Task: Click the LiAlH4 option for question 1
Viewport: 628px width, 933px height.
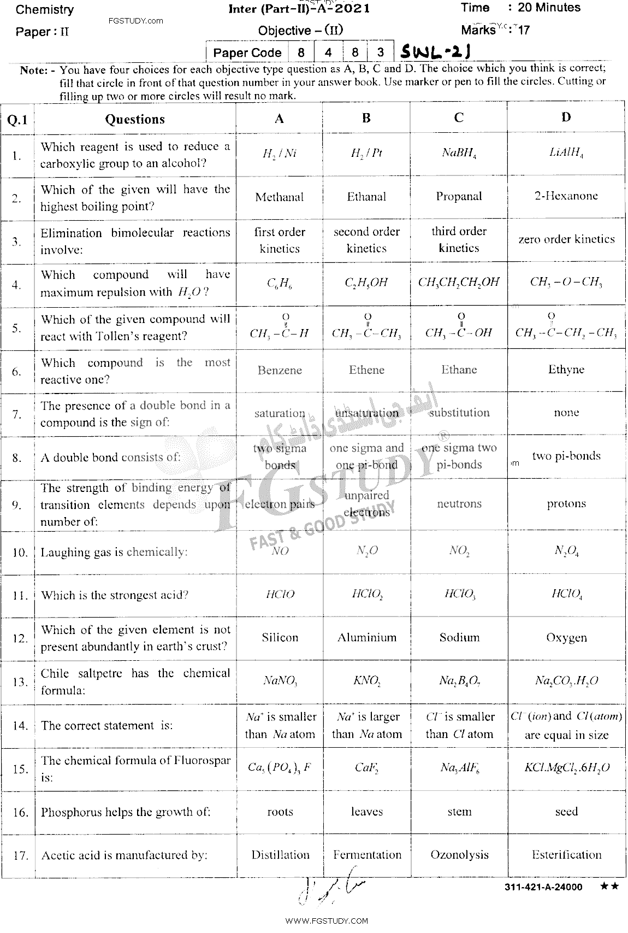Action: pos(566,154)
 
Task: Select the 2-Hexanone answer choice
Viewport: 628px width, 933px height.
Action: pos(566,196)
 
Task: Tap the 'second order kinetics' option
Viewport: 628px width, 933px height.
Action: pos(366,239)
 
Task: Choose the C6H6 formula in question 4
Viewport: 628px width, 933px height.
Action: pos(279,283)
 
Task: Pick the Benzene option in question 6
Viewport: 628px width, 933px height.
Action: pos(280,370)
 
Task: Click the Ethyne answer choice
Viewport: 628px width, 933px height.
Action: pos(566,369)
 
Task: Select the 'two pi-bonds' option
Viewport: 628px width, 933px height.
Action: pos(566,456)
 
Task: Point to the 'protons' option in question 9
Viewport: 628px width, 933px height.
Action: pos(566,504)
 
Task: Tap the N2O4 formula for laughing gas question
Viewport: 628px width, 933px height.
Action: pos(566,551)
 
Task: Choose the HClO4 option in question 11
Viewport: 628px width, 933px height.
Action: pos(566,595)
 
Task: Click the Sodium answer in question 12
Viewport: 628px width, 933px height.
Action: pos(459,637)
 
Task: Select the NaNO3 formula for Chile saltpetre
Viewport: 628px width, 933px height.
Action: pos(280,681)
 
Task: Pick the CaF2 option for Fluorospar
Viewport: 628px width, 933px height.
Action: pos(366,768)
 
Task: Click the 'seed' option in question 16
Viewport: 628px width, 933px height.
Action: pos(566,812)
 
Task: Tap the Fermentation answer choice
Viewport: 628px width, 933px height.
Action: pos(367,855)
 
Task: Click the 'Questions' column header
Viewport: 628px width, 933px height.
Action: pos(135,119)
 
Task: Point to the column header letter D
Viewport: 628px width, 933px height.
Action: pos(566,117)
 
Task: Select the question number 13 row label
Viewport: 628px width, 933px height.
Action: pos(20,682)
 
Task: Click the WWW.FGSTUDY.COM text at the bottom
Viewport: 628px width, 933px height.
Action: pos(327,920)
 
